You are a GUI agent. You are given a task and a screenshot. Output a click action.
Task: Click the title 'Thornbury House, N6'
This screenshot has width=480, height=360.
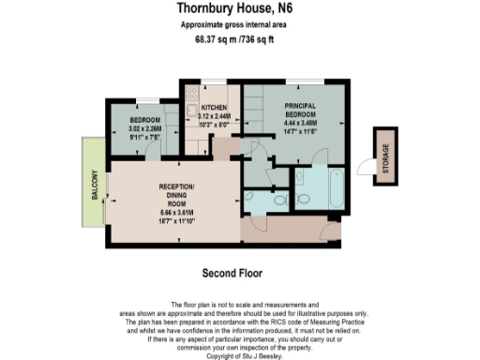(239, 8)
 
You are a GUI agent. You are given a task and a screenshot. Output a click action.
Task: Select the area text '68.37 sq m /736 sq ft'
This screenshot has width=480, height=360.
(239, 39)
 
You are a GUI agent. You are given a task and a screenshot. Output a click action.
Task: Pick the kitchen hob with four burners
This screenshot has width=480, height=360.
(191, 95)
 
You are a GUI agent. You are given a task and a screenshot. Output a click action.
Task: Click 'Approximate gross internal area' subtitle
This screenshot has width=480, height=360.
(239, 25)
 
